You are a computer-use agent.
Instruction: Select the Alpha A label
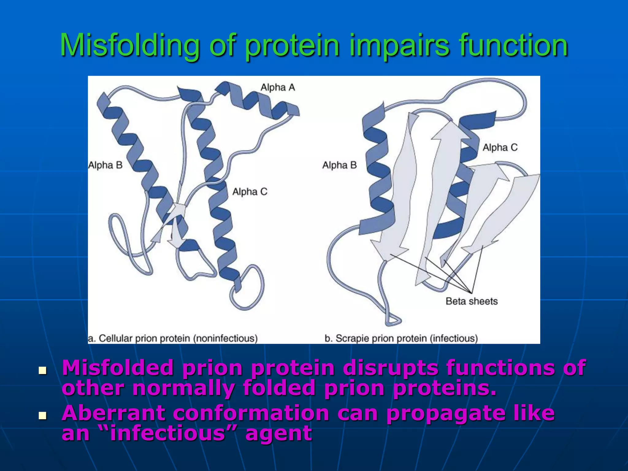click(278, 87)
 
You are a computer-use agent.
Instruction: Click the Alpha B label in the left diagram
click(105, 165)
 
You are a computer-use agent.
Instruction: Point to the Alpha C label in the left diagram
click(250, 192)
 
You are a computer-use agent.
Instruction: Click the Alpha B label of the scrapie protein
click(339, 165)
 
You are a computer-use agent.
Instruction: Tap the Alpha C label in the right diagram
click(500, 147)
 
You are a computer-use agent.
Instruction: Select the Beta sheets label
click(471, 301)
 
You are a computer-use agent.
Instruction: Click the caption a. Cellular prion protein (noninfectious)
click(173, 339)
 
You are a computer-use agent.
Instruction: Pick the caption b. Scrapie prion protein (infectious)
click(401, 339)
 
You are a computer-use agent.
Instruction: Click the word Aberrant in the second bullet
click(113, 413)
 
